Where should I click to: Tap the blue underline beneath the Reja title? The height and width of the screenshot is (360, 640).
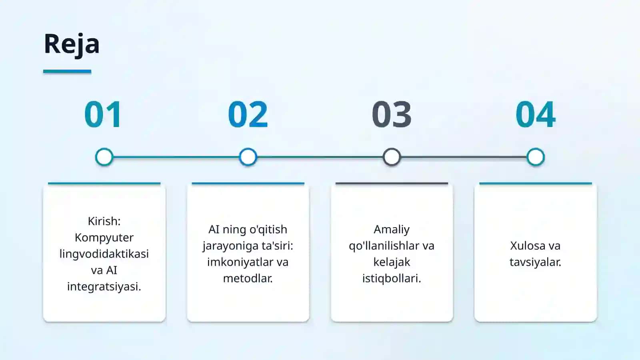(67, 72)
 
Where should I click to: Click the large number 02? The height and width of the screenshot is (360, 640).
(248, 114)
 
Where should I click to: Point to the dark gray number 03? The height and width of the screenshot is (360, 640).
(392, 114)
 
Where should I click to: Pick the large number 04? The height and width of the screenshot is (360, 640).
(536, 114)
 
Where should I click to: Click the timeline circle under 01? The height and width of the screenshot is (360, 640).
(104, 157)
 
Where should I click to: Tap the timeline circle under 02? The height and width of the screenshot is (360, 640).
(248, 157)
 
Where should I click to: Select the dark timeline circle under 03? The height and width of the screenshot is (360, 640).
(392, 157)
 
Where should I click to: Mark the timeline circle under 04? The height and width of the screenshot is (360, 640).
(536, 157)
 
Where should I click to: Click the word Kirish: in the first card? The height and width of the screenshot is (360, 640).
(104, 221)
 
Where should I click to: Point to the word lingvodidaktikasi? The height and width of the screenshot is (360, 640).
(104, 254)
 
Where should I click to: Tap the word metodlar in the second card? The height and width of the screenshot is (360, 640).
(247, 278)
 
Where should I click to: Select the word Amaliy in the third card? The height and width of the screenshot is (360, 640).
(392, 230)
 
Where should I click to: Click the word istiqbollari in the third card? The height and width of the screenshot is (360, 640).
(390, 278)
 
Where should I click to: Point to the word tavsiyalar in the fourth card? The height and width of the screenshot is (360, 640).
(534, 262)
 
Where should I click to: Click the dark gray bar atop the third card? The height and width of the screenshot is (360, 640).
(392, 184)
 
